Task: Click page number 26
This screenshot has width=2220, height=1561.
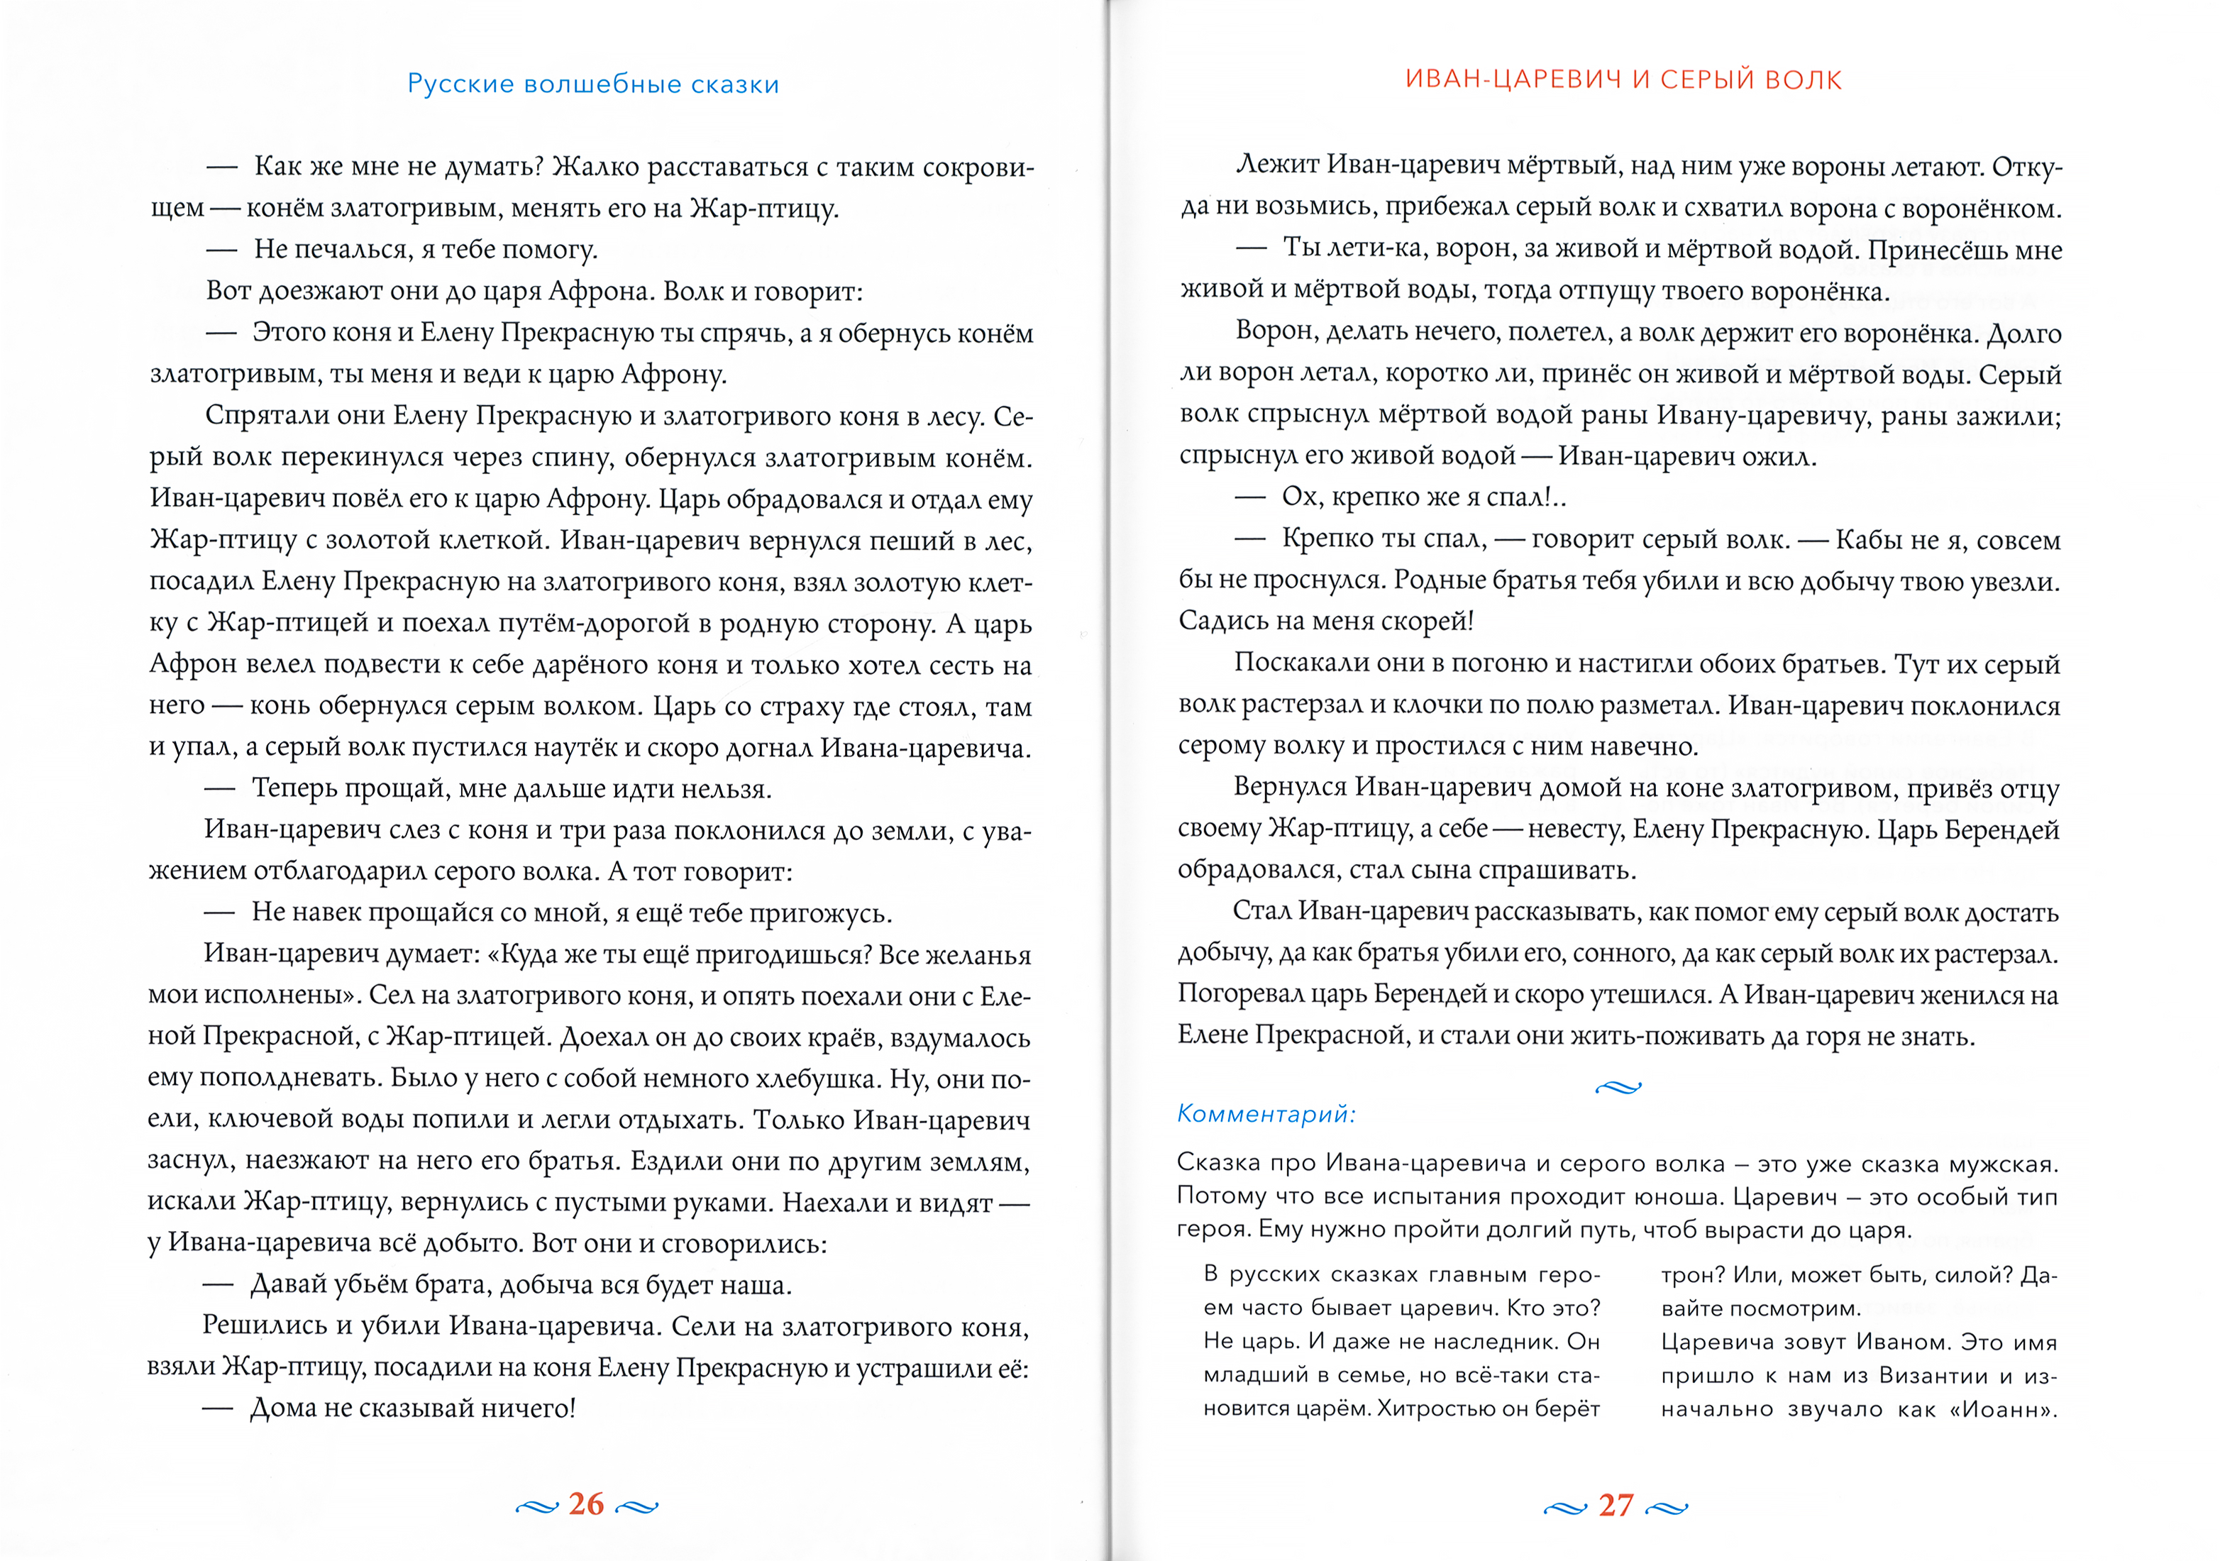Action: click(x=586, y=1504)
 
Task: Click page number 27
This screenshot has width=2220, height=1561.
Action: click(x=1616, y=1506)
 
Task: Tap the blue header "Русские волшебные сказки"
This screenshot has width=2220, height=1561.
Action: click(x=592, y=84)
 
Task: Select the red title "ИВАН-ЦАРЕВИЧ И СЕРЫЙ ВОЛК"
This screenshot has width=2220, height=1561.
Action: click(x=1623, y=79)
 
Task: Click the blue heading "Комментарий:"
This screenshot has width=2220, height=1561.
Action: click(x=1266, y=1114)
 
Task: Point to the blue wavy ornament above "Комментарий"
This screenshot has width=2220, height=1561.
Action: click(x=1618, y=1087)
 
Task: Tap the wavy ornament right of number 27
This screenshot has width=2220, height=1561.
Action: click(x=1666, y=1508)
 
